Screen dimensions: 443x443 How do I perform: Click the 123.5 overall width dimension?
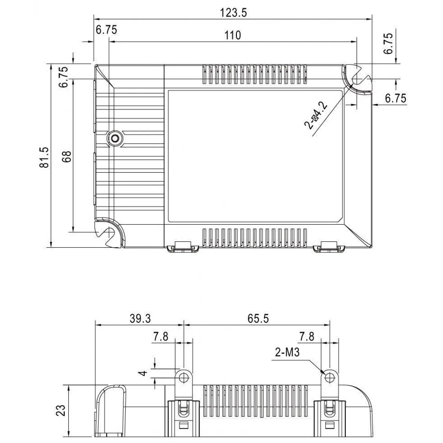tap(233, 13)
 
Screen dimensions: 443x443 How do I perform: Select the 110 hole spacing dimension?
tap(233, 35)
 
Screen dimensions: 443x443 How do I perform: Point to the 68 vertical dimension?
tap(67, 157)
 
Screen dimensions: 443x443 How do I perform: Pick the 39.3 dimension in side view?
tap(140, 319)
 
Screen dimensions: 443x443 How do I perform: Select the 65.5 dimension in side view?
tap(258, 319)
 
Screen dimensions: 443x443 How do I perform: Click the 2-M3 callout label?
tap(287, 352)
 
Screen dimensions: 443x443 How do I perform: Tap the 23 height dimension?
tap(61, 411)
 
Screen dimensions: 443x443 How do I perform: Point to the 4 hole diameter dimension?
tap(144, 373)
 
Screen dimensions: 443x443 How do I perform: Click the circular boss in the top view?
tap(115, 138)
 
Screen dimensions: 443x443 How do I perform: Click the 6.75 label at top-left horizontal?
tap(106, 30)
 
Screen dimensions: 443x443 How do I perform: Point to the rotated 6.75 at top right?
tap(389, 43)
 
